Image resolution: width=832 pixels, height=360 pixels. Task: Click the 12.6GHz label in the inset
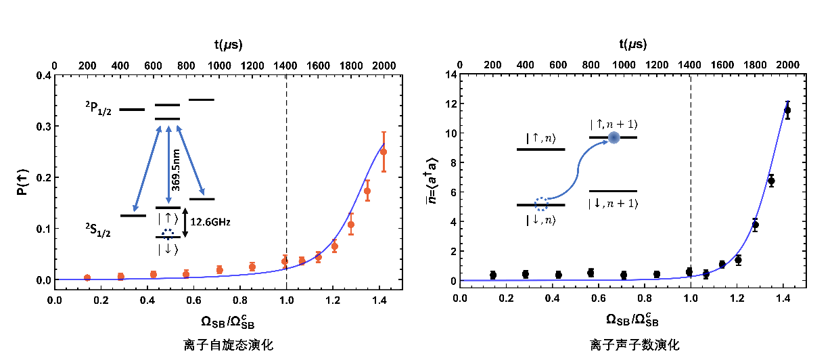pyautogui.click(x=206, y=221)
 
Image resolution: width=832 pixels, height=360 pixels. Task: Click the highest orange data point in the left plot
pyautogui.click(x=384, y=152)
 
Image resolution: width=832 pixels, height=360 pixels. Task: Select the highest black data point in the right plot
pyautogui.click(x=787, y=110)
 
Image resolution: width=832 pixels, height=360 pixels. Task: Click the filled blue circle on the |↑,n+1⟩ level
pyautogui.click(x=614, y=137)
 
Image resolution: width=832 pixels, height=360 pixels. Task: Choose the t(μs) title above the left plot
pyautogui.click(x=229, y=45)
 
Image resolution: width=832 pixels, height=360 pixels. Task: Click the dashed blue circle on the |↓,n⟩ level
pyautogui.click(x=541, y=204)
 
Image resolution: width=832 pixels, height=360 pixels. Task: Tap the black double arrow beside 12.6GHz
pyautogui.click(x=185, y=223)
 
